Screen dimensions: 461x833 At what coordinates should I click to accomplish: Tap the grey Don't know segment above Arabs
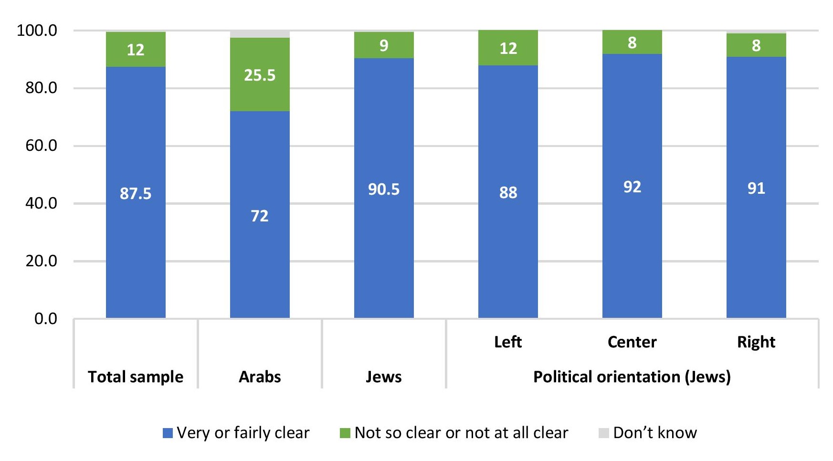point(260,34)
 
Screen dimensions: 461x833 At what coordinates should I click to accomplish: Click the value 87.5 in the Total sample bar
point(136,193)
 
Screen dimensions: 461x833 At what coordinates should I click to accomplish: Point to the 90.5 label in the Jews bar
point(384,189)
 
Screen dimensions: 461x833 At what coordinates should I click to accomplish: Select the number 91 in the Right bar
point(756,188)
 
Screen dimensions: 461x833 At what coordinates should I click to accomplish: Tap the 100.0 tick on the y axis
point(37,31)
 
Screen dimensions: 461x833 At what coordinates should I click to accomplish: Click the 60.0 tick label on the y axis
point(41,146)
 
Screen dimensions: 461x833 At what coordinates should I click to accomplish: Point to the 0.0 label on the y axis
point(46,319)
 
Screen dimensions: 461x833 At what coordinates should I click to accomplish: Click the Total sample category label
point(136,377)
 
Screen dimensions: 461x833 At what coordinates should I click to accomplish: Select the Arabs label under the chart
point(260,377)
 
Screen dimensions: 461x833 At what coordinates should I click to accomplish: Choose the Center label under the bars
point(632,342)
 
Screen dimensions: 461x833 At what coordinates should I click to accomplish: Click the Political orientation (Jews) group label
point(632,377)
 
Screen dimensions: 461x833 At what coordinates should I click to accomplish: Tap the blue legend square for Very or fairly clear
point(168,433)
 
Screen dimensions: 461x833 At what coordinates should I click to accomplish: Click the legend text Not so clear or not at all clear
point(461,433)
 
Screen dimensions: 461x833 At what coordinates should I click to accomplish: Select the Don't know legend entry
point(654,433)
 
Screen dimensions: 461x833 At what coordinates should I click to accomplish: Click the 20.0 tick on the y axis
point(41,261)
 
